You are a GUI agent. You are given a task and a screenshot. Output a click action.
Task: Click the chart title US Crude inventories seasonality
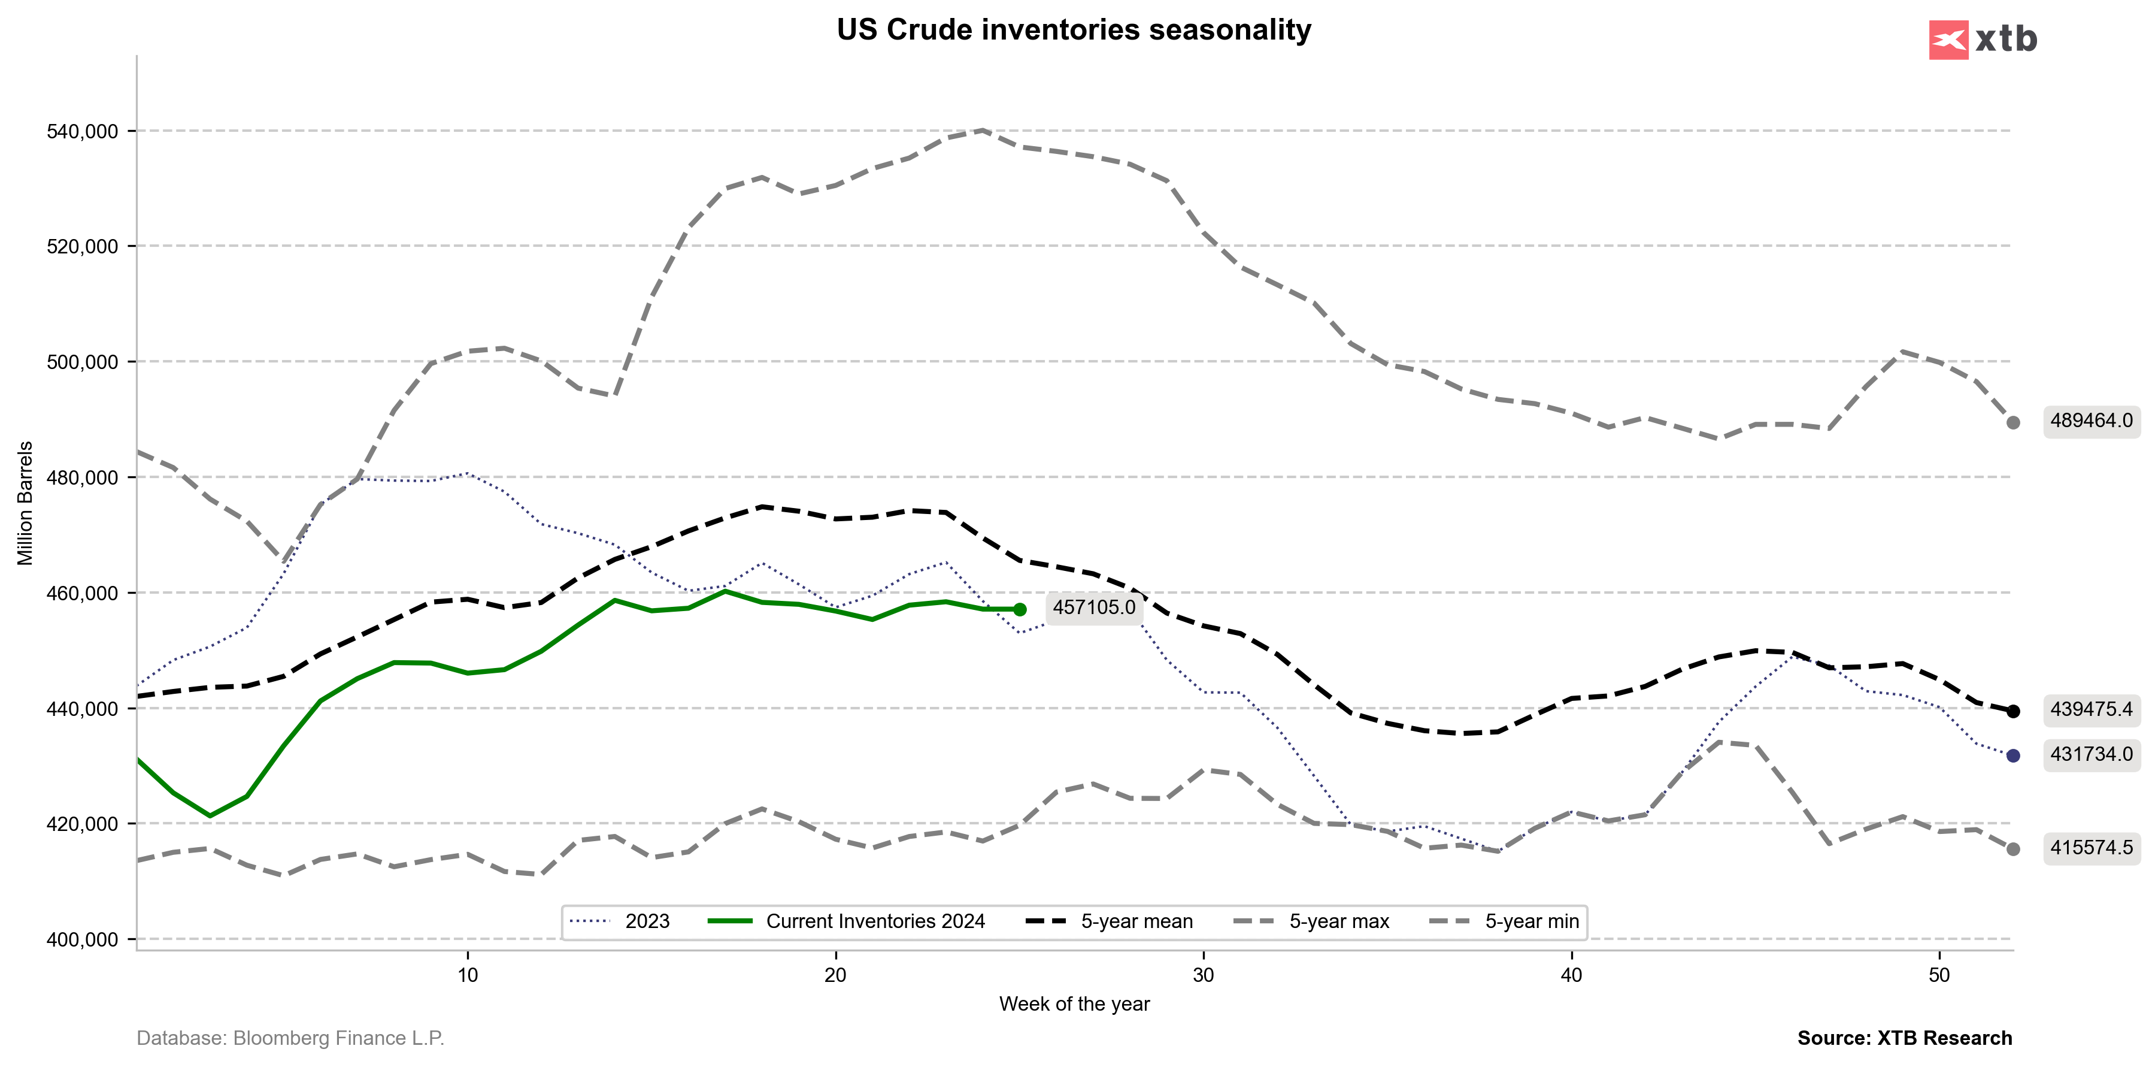tap(1074, 30)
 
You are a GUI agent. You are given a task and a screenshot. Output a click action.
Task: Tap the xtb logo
tap(1983, 40)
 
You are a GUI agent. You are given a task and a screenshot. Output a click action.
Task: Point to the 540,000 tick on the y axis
tap(83, 132)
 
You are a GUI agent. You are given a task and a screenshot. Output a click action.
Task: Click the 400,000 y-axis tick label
tap(83, 940)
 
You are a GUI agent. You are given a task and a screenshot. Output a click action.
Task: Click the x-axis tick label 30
tap(1203, 975)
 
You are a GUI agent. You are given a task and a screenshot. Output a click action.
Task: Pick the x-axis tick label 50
tap(1939, 975)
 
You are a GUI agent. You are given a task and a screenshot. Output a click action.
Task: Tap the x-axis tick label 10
tap(468, 975)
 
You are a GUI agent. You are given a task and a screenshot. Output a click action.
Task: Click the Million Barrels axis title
tap(26, 503)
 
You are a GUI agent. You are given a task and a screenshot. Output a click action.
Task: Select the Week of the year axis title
tap(1074, 1004)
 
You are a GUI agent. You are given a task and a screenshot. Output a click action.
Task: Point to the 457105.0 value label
tap(1093, 607)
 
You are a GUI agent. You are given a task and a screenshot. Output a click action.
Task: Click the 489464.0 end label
tap(2091, 421)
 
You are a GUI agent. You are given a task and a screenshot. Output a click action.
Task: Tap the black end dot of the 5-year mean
tap(2013, 712)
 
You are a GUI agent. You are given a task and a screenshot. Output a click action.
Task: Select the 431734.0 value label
tap(2091, 754)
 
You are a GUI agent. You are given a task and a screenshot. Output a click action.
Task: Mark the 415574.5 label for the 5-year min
tap(2091, 848)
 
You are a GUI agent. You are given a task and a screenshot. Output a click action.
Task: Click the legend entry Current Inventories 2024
tap(875, 921)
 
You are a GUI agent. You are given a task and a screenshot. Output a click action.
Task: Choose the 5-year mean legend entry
tap(1136, 921)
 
